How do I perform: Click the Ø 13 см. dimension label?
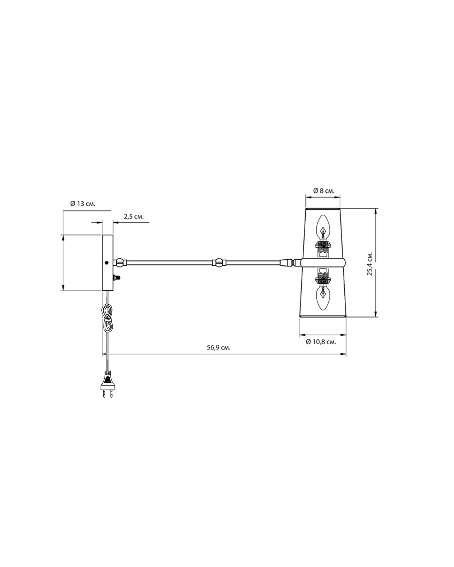[x=82, y=204]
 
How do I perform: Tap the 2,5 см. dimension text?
[x=134, y=217]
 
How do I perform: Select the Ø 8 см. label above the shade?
[x=324, y=191]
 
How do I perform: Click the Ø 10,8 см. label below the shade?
[x=321, y=342]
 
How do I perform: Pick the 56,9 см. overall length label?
[x=218, y=347]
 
